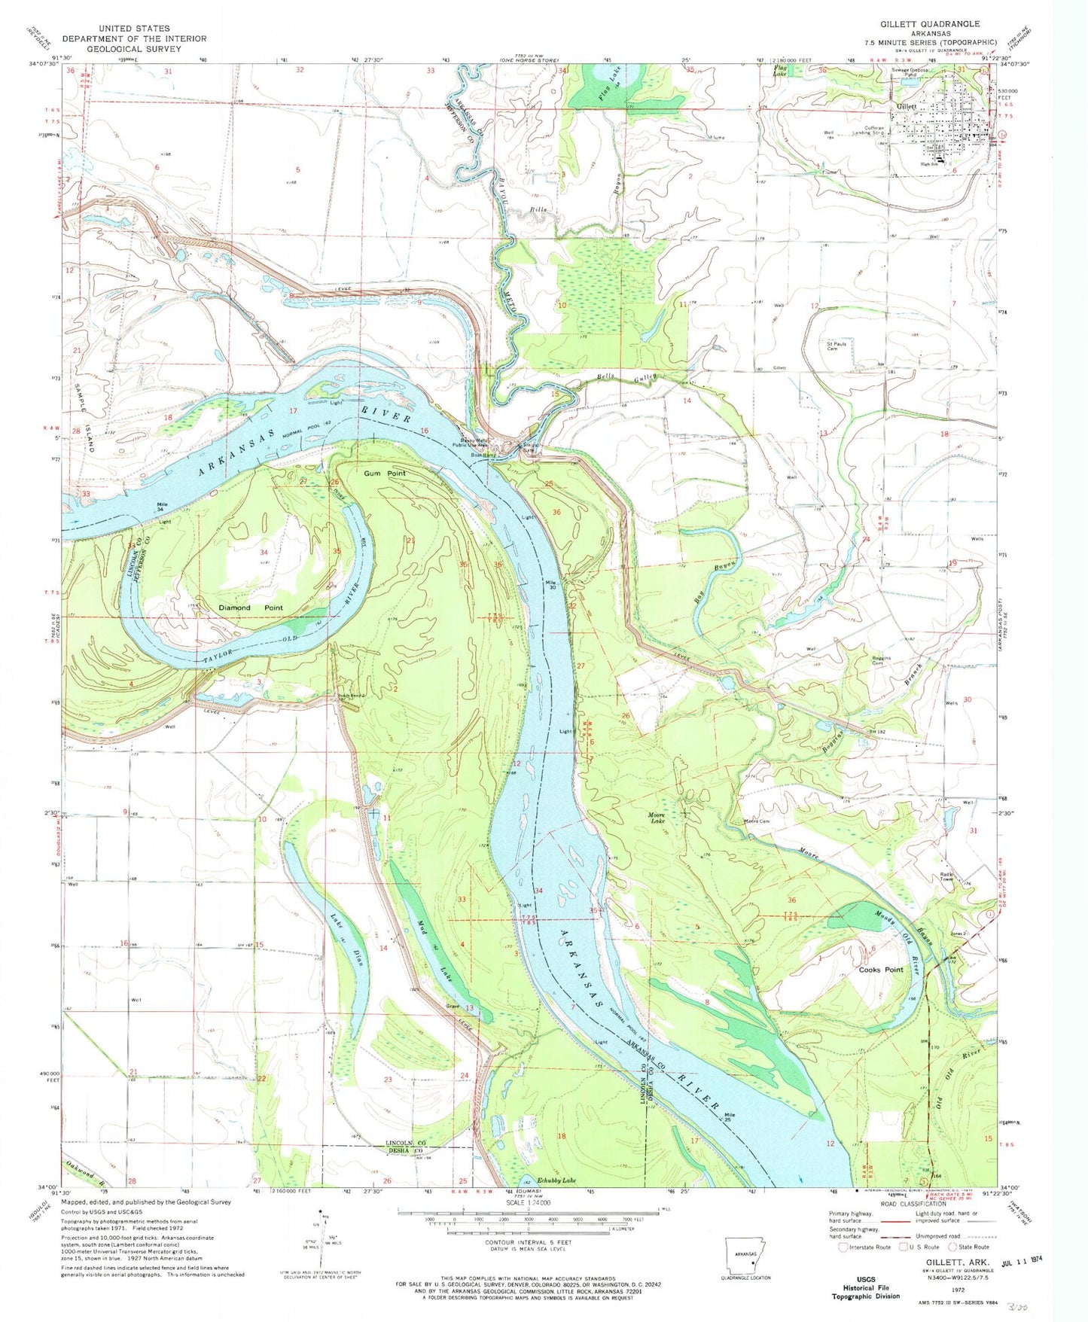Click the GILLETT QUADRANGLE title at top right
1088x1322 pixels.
[930, 24]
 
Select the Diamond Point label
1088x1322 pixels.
[251, 608]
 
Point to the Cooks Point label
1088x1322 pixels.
[880, 970]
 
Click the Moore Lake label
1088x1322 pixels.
[662, 818]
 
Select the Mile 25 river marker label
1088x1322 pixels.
[728, 1117]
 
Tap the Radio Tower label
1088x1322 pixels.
[946, 877]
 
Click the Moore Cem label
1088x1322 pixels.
[756, 821]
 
